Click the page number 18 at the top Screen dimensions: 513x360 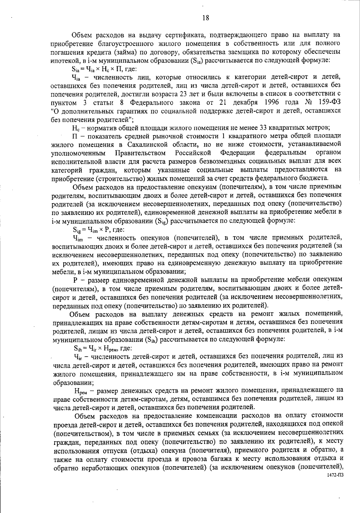(205, 18)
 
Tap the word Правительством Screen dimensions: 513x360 (140, 153)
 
